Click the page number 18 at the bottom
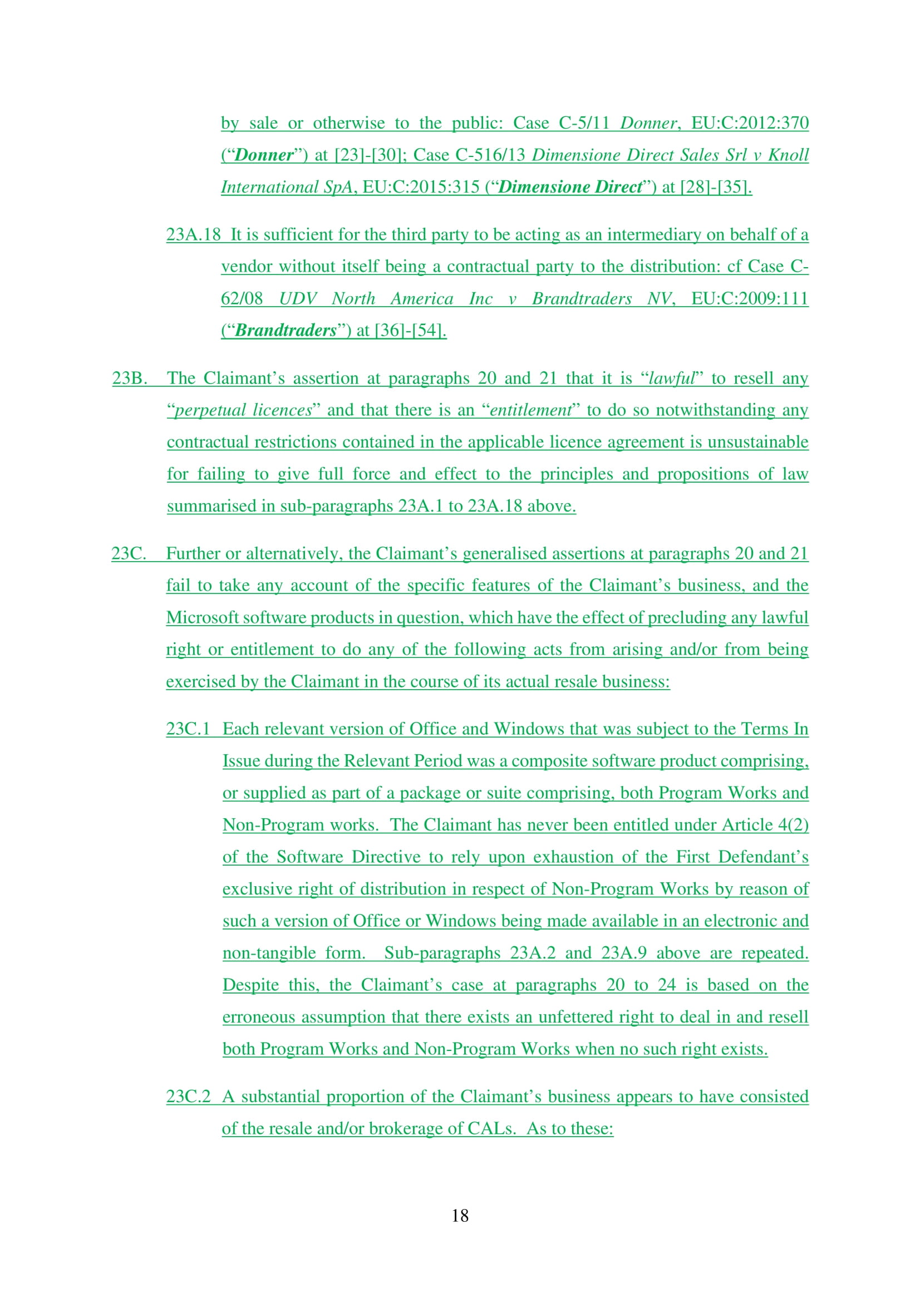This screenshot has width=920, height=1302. [460, 1215]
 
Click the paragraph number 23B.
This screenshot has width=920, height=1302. [129, 377]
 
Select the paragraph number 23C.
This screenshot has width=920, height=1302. [129, 553]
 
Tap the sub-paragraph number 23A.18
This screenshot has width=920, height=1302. [193, 234]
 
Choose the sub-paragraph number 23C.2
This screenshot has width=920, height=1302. [188, 1096]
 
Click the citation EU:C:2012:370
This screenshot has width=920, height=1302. [749, 122]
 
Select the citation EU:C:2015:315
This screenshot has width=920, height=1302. [421, 186]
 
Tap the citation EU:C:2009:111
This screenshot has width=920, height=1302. [749, 298]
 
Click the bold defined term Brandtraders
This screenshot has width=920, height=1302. [286, 330]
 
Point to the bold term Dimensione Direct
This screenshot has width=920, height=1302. [570, 186]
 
